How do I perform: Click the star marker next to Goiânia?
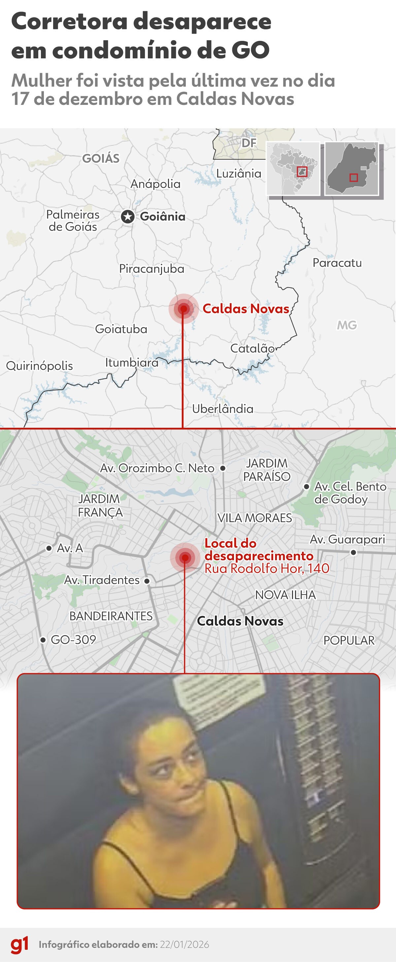pos(128,217)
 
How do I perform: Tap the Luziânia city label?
pos(239,173)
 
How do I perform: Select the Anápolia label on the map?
pos(155,184)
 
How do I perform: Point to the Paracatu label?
pos(337,263)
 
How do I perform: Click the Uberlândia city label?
pos(223,409)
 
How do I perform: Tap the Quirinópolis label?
pos(40,366)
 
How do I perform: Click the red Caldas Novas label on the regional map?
pos(246,309)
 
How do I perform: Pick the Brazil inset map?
pos(293,169)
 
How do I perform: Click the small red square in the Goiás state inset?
pos(353,177)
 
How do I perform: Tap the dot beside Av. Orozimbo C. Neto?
pos(223,468)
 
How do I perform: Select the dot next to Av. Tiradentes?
pos(147,581)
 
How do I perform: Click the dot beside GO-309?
pos(43,640)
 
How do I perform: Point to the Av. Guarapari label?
pos(347,539)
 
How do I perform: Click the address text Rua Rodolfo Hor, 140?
pos(267,568)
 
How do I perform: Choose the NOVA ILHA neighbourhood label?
pos(285,595)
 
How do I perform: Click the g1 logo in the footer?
pos(19,945)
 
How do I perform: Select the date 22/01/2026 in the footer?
pos(184,945)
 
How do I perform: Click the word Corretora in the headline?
pos(70,22)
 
